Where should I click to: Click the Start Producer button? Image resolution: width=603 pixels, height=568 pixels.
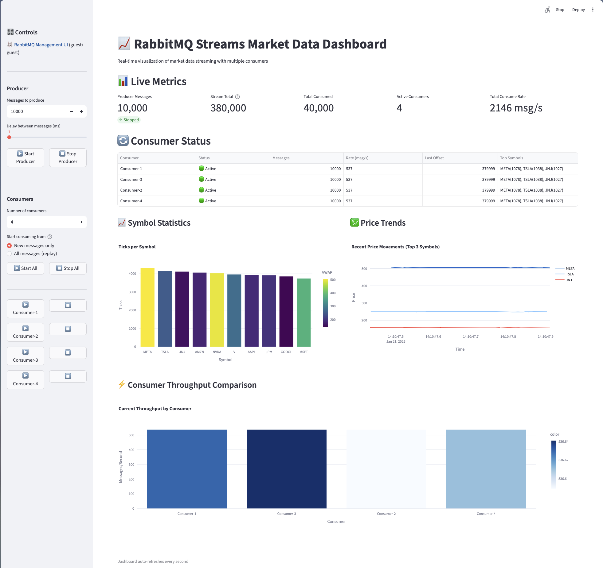tap(25, 158)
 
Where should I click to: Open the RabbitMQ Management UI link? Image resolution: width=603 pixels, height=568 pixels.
tap(41, 45)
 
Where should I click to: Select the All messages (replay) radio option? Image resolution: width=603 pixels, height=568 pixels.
tap(10, 254)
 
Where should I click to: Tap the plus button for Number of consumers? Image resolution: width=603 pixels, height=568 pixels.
tap(81, 222)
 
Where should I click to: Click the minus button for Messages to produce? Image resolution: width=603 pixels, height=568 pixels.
tap(72, 111)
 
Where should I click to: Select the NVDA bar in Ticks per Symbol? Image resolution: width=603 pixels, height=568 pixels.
tap(217, 310)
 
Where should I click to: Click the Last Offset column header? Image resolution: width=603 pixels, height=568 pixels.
tap(434, 158)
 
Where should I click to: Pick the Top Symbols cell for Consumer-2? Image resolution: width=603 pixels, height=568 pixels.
tap(531, 190)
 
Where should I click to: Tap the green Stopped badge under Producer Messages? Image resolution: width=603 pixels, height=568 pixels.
tap(129, 120)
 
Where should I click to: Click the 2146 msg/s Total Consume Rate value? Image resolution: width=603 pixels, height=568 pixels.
tap(516, 108)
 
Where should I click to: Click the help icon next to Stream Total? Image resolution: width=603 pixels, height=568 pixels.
tap(237, 97)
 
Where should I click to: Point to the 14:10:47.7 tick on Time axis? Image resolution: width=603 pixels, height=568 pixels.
tap(471, 337)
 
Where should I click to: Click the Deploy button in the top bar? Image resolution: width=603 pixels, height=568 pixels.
tap(578, 10)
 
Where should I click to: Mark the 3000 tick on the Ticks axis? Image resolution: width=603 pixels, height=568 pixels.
tap(132, 292)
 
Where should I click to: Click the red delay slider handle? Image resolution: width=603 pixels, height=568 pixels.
tap(9, 137)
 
